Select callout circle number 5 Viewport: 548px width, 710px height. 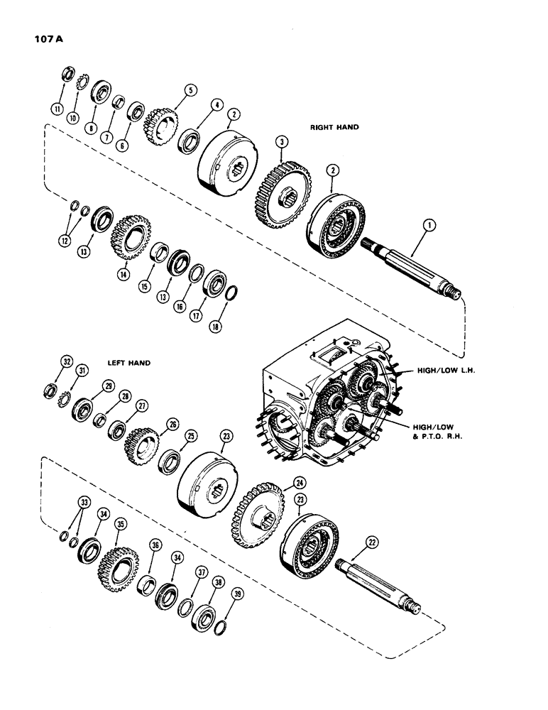190,90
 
